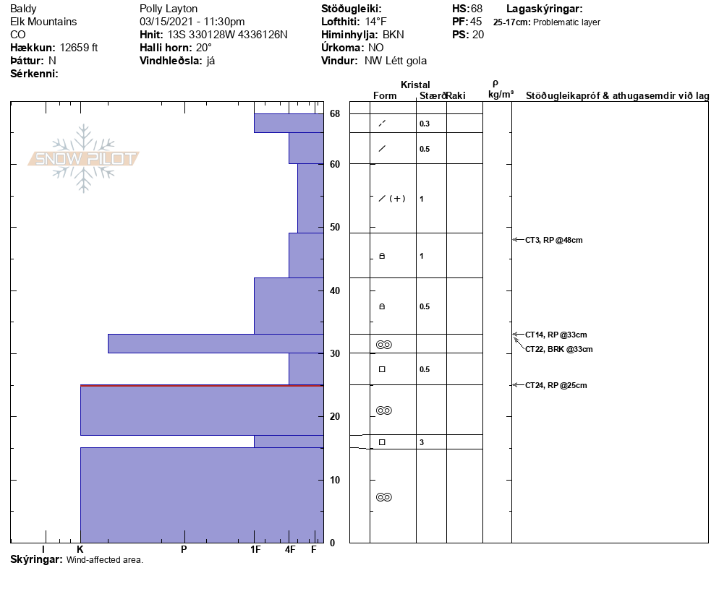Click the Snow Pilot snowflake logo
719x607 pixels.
tap(84, 158)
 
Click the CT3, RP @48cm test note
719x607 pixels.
tap(553, 240)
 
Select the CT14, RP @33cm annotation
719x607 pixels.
tap(556, 335)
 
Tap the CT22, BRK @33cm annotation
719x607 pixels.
tap(558, 349)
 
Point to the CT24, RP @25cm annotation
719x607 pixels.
tap(556, 385)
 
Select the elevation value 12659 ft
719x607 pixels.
tap(79, 48)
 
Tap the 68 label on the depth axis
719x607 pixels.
tap(335, 114)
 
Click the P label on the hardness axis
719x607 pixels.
tap(184, 550)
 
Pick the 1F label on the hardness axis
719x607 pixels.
tap(255, 550)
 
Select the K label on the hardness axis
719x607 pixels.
tap(80, 550)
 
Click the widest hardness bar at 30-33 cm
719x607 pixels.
tap(216, 343)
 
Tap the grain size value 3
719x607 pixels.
tap(422, 442)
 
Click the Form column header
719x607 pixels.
tap(385, 95)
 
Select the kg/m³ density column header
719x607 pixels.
tap(501, 94)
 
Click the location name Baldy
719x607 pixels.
tap(24, 9)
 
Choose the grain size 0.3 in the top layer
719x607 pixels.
tap(425, 124)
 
